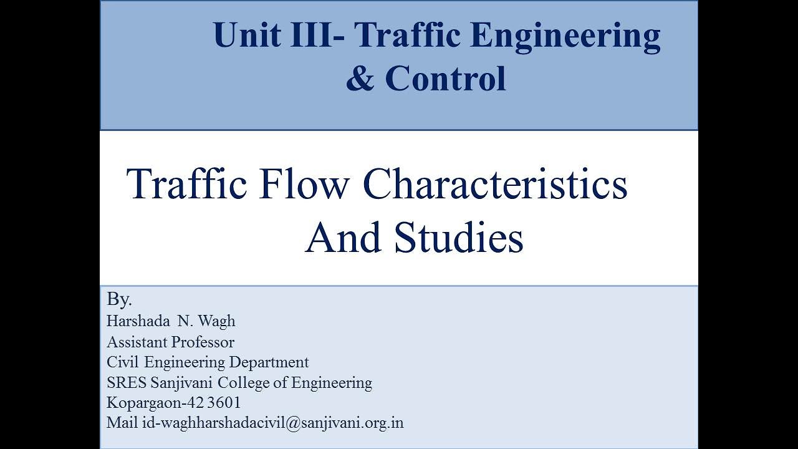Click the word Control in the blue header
(445, 79)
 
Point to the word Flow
(302, 185)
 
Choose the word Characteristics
(494, 185)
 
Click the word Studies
(459, 238)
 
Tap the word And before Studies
(344, 238)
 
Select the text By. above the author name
(119, 299)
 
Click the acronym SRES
(127, 382)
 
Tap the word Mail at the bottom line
(122, 423)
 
